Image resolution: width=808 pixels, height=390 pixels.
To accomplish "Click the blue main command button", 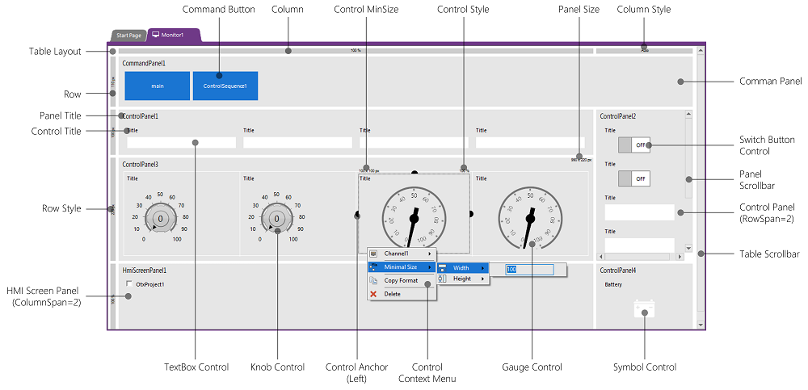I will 158,86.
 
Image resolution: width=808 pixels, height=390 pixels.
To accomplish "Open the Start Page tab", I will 128,36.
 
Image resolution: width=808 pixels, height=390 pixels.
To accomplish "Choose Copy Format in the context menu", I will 401,280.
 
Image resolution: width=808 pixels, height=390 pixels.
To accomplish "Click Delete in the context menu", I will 392,294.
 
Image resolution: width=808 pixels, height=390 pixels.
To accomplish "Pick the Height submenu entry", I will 462,279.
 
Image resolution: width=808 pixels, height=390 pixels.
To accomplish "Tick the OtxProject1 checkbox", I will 130,284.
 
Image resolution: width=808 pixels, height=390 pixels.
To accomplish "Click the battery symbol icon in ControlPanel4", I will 645,308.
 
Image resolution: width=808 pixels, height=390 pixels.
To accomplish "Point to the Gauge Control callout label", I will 532,367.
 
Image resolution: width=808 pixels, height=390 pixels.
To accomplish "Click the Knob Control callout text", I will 277,367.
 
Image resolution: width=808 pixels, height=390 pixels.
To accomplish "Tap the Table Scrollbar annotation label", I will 769,254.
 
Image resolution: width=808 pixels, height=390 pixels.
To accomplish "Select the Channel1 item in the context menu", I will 396,254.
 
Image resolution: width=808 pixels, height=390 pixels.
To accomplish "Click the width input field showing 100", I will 528,270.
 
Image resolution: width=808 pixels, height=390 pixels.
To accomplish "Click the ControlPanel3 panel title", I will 140,164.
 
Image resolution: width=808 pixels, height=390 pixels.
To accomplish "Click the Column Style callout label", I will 643,9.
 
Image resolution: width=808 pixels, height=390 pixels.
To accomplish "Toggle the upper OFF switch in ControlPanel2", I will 634,145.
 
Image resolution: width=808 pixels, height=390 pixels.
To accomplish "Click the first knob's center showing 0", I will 161,219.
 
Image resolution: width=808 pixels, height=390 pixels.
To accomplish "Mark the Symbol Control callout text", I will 644,367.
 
